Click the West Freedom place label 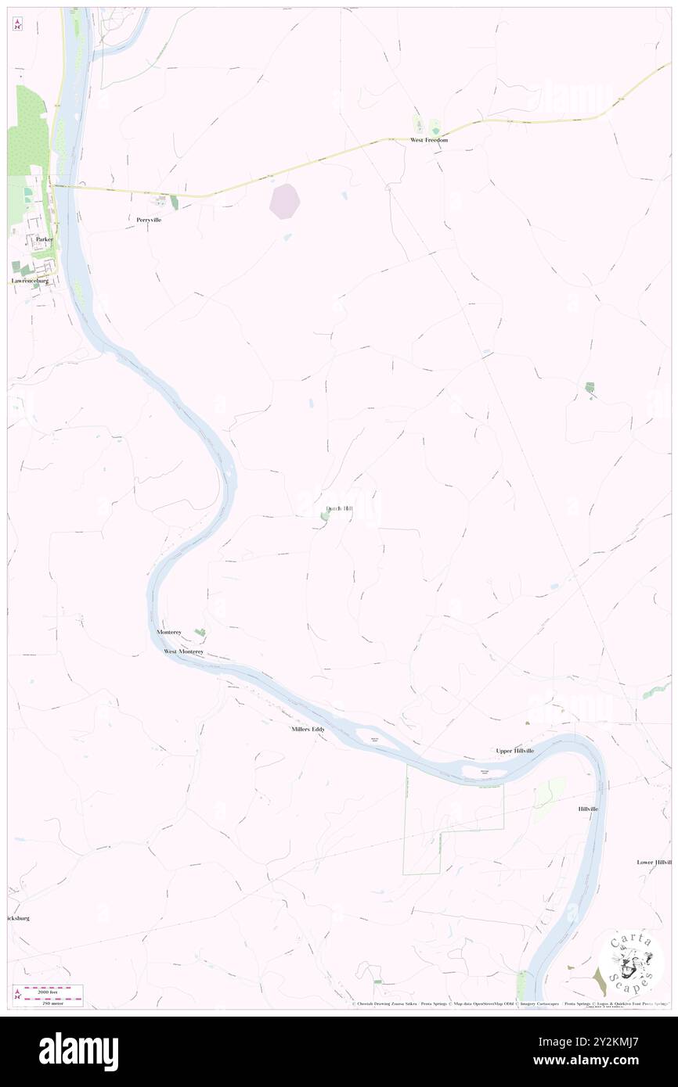click(429, 140)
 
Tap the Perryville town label click(148, 221)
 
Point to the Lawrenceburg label click(31, 280)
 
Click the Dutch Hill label click(338, 509)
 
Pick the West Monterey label click(183, 651)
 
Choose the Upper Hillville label click(515, 751)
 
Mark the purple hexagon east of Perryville click(285, 201)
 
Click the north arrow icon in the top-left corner click(17, 24)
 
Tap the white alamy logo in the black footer click(78, 1051)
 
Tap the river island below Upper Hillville click(477, 773)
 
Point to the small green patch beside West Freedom click(435, 126)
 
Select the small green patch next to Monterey click(200, 632)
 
